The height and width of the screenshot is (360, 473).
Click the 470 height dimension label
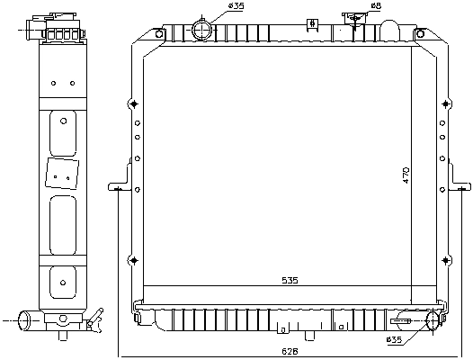pos(406,175)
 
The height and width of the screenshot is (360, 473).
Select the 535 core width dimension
pos(290,281)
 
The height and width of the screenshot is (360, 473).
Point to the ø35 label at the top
pos(236,7)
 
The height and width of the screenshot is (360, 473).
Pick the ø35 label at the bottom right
pos(394,339)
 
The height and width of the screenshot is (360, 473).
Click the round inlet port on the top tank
pos(203,31)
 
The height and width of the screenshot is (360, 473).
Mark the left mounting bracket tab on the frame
pos(117,188)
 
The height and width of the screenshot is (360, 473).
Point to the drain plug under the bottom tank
pos(308,336)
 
